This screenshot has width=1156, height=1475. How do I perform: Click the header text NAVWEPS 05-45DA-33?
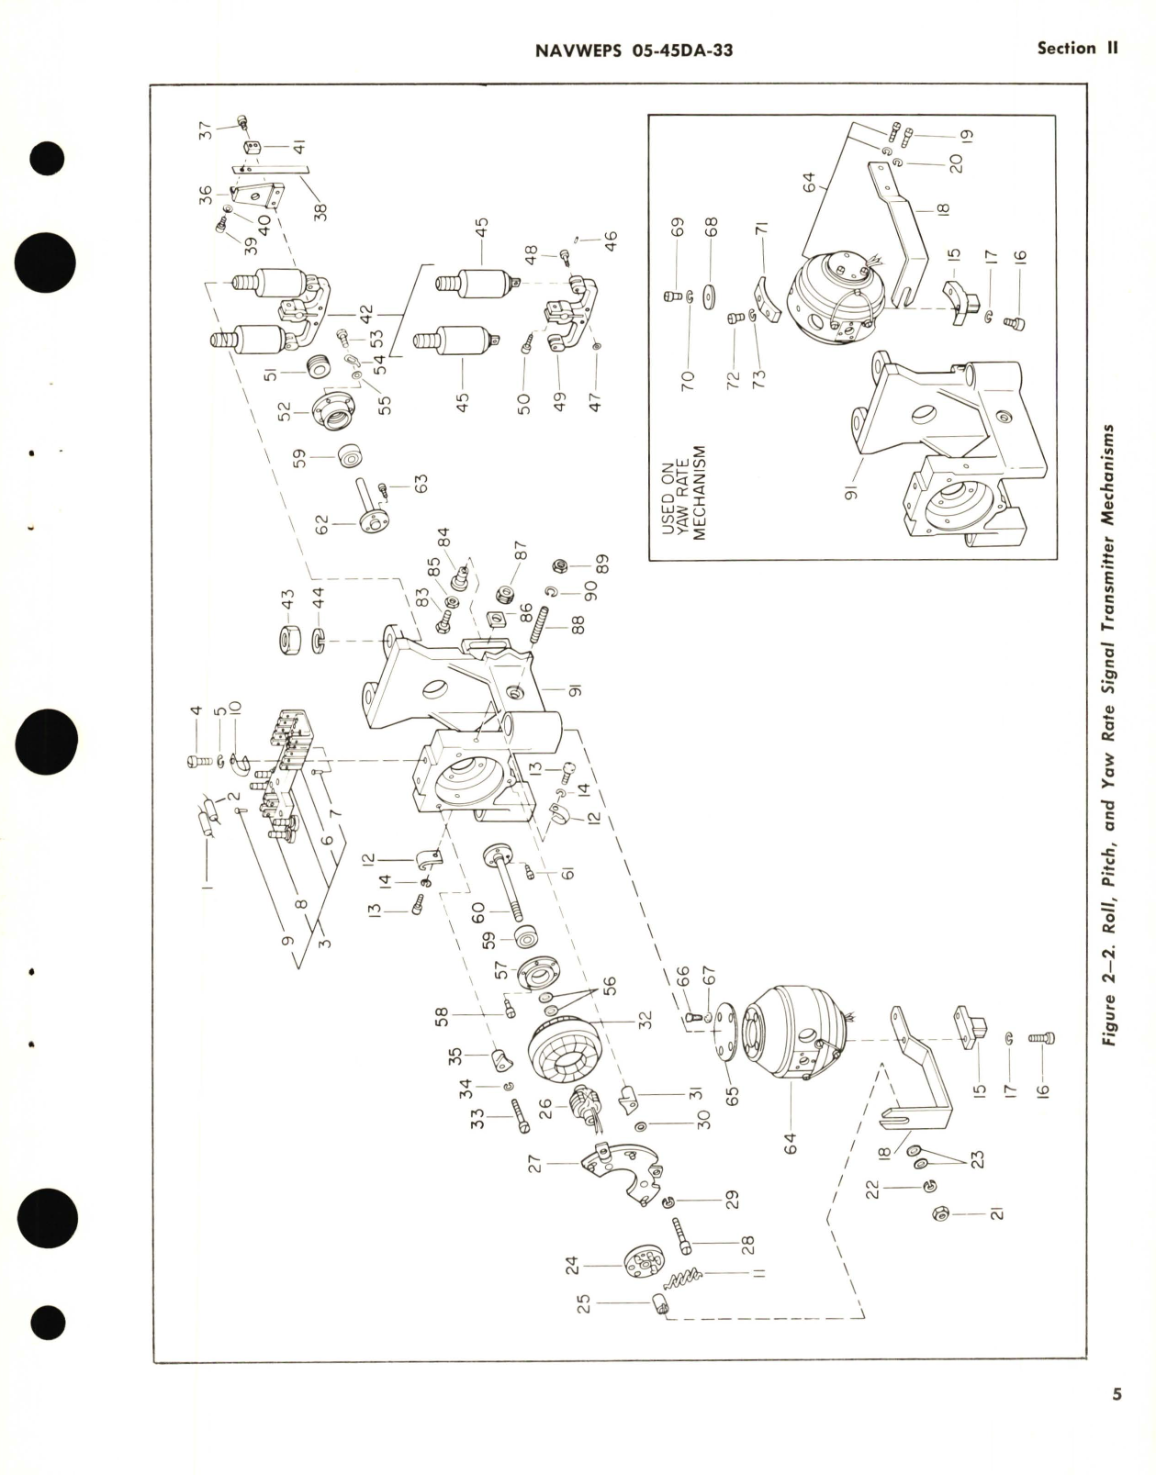tap(633, 50)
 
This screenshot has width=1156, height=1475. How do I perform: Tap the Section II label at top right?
tap(1077, 49)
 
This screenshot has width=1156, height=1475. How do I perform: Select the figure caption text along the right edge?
tap(1114, 740)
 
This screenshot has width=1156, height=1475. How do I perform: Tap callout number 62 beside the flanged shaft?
tap(320, 526)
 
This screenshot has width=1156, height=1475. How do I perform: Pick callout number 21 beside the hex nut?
tap(994, 1213)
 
